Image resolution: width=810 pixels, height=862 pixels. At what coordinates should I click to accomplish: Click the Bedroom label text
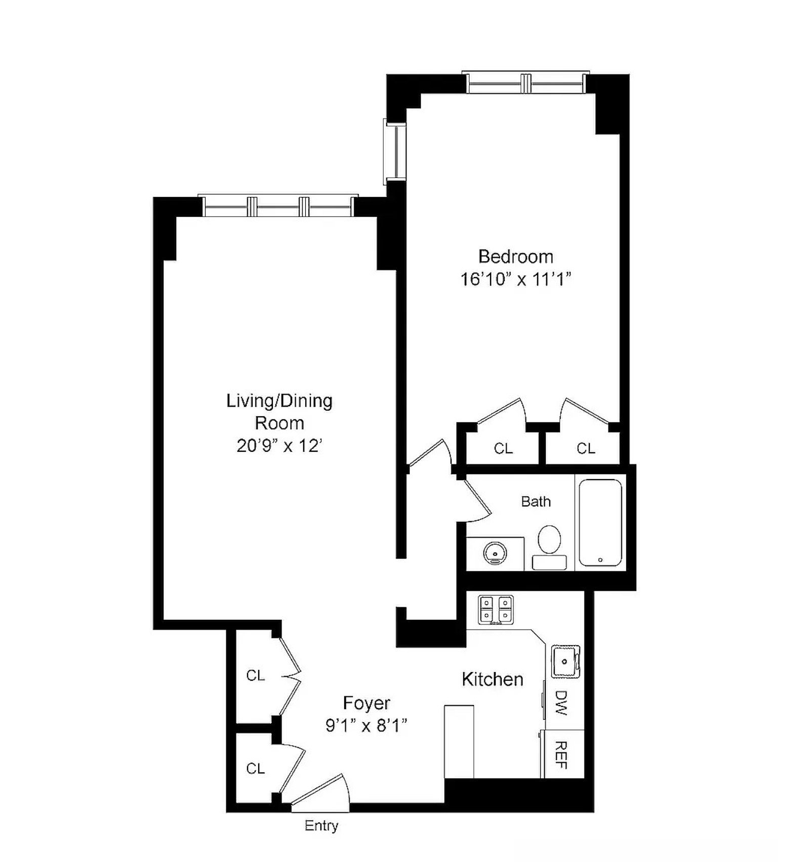point(515,257)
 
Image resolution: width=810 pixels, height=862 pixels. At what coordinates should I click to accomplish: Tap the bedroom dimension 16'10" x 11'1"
point(515,279)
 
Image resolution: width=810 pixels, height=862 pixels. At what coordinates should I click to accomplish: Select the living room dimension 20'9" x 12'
point(279,446)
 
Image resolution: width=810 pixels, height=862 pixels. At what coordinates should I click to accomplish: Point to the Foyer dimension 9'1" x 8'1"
point(367,726)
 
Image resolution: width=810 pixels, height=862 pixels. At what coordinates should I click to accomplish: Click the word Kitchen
point(492,679)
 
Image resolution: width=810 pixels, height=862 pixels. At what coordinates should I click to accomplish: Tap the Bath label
point(536,501)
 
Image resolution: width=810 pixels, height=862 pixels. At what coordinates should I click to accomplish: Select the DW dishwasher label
point(560,702)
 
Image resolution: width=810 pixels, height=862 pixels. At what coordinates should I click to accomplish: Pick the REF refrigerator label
point(560,755)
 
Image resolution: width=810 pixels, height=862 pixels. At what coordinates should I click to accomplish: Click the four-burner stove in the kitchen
point(496,609)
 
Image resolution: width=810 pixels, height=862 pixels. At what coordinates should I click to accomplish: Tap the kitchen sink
point(565,661)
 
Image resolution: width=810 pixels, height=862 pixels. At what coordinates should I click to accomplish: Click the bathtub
point(600,523)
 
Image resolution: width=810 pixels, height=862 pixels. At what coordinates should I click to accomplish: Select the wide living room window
point(278,207)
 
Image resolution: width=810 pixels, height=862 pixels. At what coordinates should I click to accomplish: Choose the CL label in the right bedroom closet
point(586,448)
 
